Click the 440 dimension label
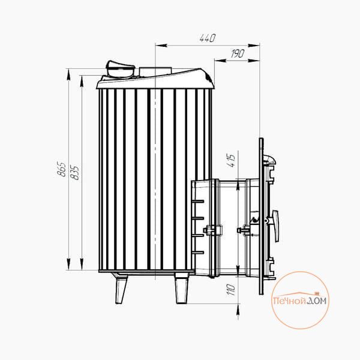tap(208, 38)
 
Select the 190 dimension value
tap(238, 54)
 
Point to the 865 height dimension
tap(62, 169)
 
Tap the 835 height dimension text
tap(75, 172)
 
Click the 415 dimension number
tap(232, 160)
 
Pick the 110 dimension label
tap(231, 290)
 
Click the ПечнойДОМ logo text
tap(300, 300)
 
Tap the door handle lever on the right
tap(275, 225)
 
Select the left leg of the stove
tap(121, 289)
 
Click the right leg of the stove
tap(182, 289)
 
